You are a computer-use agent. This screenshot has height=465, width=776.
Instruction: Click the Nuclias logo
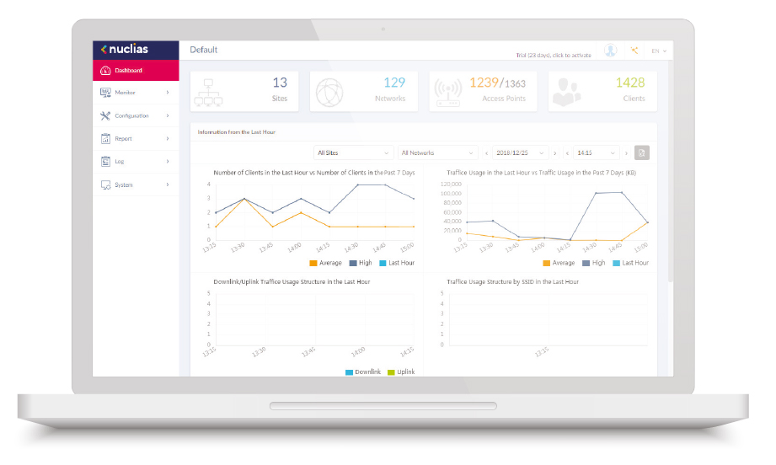pos(124,50)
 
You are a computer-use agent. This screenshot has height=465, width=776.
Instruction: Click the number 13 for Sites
pos(280,83)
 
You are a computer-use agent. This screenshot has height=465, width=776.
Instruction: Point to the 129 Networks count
pos(394,83)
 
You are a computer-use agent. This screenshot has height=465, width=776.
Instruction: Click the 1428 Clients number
pos(630,83)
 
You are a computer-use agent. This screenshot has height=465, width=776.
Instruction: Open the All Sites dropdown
pos(353,152)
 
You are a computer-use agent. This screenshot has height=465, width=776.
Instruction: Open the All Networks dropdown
pos(437,152)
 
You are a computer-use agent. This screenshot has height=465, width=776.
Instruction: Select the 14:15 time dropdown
pos(597,152)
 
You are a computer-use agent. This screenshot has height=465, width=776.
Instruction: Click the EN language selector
pos(659,51)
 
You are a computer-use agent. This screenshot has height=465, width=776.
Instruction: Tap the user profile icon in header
pos(610,51)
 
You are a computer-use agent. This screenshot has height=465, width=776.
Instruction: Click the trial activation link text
pos(554,55)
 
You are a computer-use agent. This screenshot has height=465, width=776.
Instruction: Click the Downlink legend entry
pos(363,371)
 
